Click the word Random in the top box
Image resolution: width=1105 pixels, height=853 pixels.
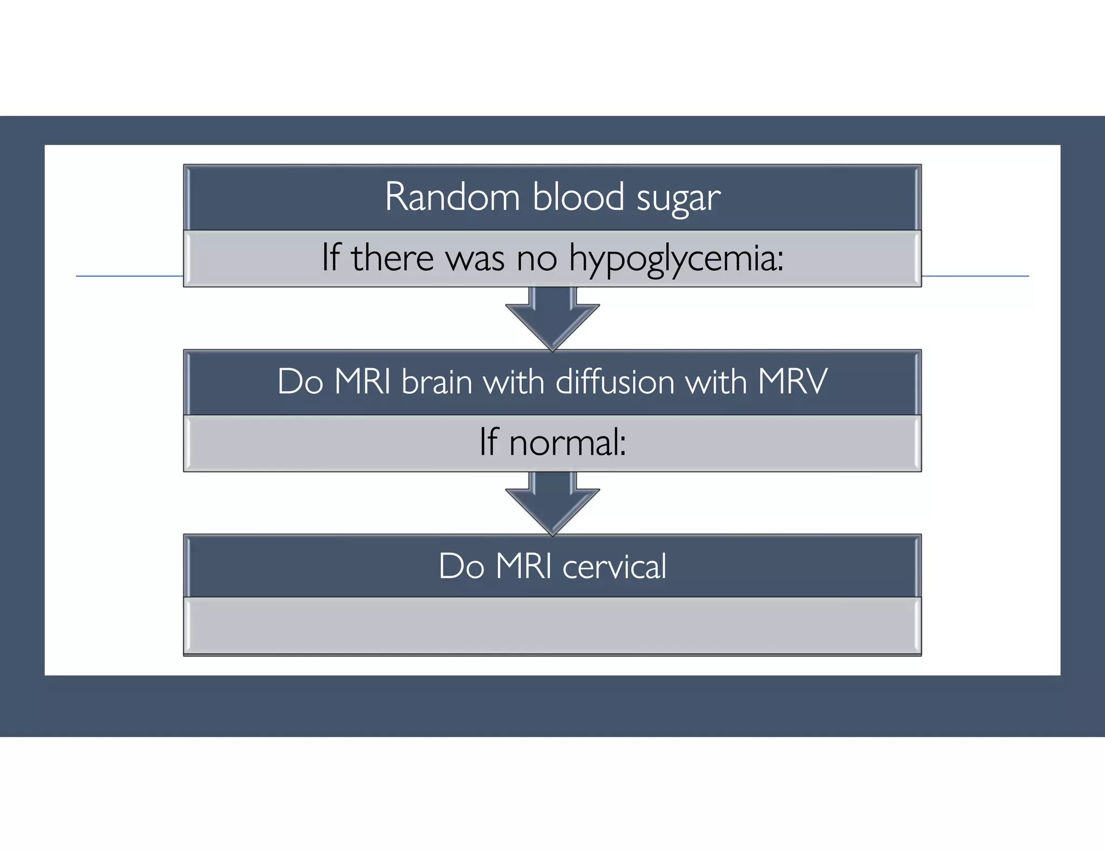click(x=452, y=197)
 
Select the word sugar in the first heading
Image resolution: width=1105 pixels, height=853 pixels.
click(x=678, y=198)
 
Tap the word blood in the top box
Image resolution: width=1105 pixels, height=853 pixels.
click(x=578, y=197)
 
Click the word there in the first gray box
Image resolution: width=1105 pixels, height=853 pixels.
click(x=392, y=258)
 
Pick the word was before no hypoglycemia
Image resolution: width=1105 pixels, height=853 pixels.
click(x=475, y=259)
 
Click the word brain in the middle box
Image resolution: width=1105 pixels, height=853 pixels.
click(x=437, y=382)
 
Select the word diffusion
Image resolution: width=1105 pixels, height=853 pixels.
click(x=615, y=382)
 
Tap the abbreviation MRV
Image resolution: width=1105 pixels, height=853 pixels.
click(x=792, y=382)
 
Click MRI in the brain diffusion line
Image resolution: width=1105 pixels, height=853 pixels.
click(x=363, y=382)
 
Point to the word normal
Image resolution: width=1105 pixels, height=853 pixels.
click(x=567, y=443)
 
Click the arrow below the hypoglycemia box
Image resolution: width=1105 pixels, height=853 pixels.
click(x=552, y=318)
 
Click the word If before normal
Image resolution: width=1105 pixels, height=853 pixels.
click(x=489, y=442)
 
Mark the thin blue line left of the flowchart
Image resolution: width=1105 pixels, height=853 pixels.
click(x=129, y=276)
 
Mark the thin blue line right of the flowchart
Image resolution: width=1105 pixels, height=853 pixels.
click(x=975, y=276)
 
